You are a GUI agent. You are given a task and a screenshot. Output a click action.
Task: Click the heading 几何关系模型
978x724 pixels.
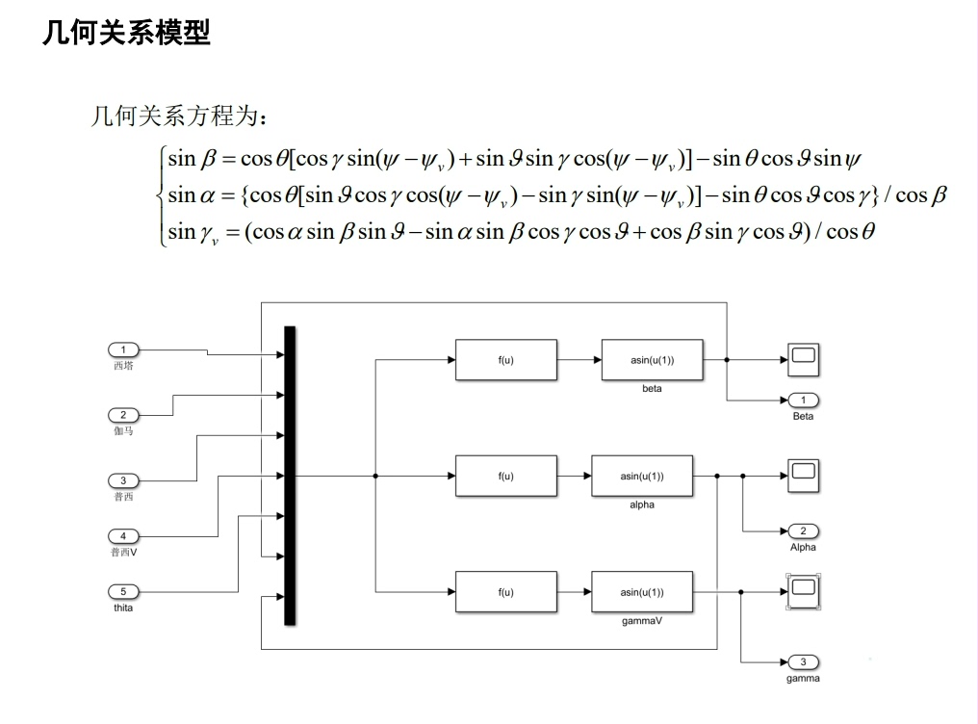[126, 33]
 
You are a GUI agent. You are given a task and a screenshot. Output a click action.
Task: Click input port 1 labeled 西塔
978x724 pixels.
[123, 349]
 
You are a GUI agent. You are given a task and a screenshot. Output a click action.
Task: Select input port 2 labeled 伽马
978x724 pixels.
[123, 414]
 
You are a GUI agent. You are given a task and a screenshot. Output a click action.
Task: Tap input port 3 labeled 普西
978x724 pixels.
[123, 479]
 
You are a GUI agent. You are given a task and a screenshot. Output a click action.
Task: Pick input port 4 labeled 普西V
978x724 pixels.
[123, 535]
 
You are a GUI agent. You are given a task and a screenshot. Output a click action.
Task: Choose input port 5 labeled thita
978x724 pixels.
[123, 591]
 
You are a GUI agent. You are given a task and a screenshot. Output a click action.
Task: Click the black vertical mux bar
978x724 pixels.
[290, 476]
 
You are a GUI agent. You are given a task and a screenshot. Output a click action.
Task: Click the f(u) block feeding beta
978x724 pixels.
[505, 360]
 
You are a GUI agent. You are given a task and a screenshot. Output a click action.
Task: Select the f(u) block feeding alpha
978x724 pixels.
[505, 476]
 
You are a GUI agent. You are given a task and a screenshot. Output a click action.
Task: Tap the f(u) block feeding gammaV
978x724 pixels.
[505, 592]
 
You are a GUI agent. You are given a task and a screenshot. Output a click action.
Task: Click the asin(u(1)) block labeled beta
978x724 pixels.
[652, 360]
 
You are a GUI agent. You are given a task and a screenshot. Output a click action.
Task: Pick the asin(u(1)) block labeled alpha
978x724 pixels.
[641, 476]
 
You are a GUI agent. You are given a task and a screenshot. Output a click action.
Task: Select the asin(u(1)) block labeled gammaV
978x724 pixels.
[641, 592]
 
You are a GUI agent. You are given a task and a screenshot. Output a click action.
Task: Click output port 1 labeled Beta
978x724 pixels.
[803, 400]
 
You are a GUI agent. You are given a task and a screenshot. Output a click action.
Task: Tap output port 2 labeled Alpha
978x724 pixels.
[803, 530]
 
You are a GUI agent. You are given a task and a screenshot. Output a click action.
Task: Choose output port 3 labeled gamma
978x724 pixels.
[803, 661]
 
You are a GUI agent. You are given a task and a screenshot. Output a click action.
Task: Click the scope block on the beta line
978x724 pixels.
[803, 360]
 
